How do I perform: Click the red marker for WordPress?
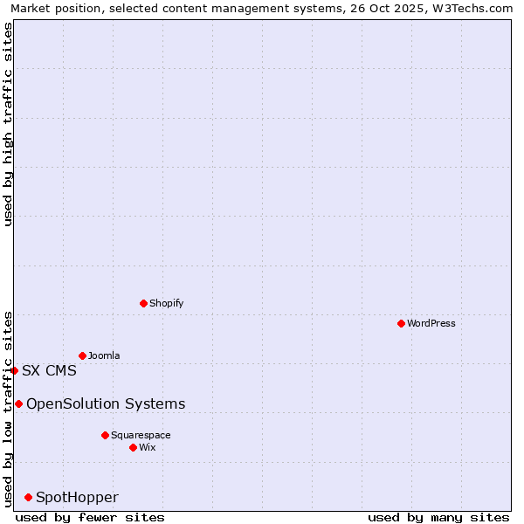tap(401, 323)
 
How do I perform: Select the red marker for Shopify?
tap(143, 303)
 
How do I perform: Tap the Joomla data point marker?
tap(82, 355)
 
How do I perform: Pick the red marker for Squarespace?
tap(105, 435)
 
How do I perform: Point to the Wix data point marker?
tap(133, 447)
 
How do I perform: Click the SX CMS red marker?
tap(14, 370)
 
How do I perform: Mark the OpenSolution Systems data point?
tap(18, 403)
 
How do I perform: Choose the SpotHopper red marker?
tap(28, 497)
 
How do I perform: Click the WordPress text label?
tap(431, 323)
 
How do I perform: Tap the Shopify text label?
tap(166, 303)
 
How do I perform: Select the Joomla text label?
tap(104, 355)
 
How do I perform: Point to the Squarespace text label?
tap(141, 435)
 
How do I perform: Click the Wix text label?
tap(147, 447)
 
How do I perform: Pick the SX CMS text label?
tap(49, 370)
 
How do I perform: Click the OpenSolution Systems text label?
tap(106, 403)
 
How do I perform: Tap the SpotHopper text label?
tap(77, 497)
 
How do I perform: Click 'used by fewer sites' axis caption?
tap(90, 517)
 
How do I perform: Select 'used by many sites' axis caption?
tap(438, 517)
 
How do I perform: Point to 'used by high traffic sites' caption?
tap(9, 124)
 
